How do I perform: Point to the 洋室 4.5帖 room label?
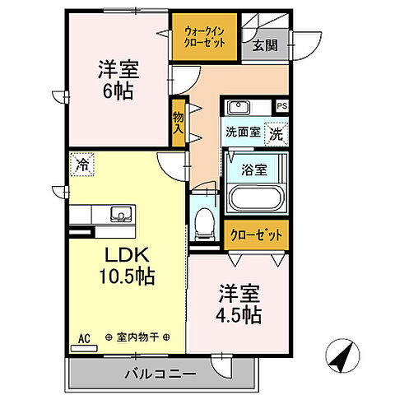coord(239,304)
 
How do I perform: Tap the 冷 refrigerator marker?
coord(81,164)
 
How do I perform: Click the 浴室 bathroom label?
coord(253,170)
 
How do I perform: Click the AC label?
coord(82,337)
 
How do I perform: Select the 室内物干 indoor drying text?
coord(137,337)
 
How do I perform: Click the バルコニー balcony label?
coord(160,374)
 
